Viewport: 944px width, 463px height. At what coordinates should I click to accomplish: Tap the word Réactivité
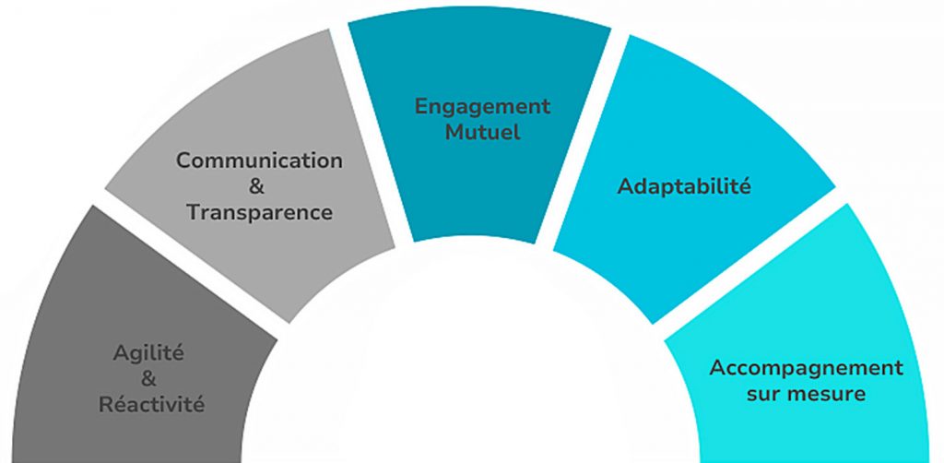click(152, 404)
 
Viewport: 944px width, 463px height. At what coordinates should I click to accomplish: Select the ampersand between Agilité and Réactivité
click(151, 378)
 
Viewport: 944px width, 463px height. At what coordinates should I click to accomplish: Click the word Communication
click(259, 160)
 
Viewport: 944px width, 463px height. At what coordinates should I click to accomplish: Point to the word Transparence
click(259, 212)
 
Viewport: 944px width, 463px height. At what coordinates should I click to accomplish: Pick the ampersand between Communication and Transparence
click(258, 186)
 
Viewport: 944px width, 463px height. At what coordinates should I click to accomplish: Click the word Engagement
click(482, 106)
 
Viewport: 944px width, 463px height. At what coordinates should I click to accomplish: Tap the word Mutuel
click(482, 132)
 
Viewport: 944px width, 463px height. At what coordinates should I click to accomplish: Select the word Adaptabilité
click(684, 186)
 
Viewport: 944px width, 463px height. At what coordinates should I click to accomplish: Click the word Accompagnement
click(806, 368)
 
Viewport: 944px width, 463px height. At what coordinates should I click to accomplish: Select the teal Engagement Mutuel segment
click(479, 184)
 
